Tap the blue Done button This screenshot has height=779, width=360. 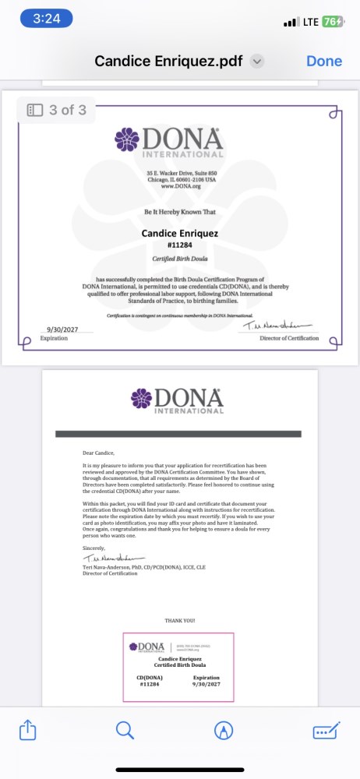point(323,61)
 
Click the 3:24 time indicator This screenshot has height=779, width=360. point(46,19)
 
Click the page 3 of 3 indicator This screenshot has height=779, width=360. point(57,110)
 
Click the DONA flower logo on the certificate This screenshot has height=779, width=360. point(126,140)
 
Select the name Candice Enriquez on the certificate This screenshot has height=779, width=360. point(179,233)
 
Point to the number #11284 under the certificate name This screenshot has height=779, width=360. point(179,245)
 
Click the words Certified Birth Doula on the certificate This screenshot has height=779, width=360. point(179,259)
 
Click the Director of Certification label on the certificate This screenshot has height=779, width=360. point(289,338)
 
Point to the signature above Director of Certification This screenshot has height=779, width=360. point(277,326)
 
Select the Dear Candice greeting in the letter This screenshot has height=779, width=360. point(98,452)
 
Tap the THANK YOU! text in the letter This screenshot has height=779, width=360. point(180,620)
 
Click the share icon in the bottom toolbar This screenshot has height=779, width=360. point(27,730)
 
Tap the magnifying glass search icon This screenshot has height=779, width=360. point(125,730)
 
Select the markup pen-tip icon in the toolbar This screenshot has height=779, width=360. point(224,730)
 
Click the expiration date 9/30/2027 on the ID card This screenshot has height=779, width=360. point(206,684)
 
